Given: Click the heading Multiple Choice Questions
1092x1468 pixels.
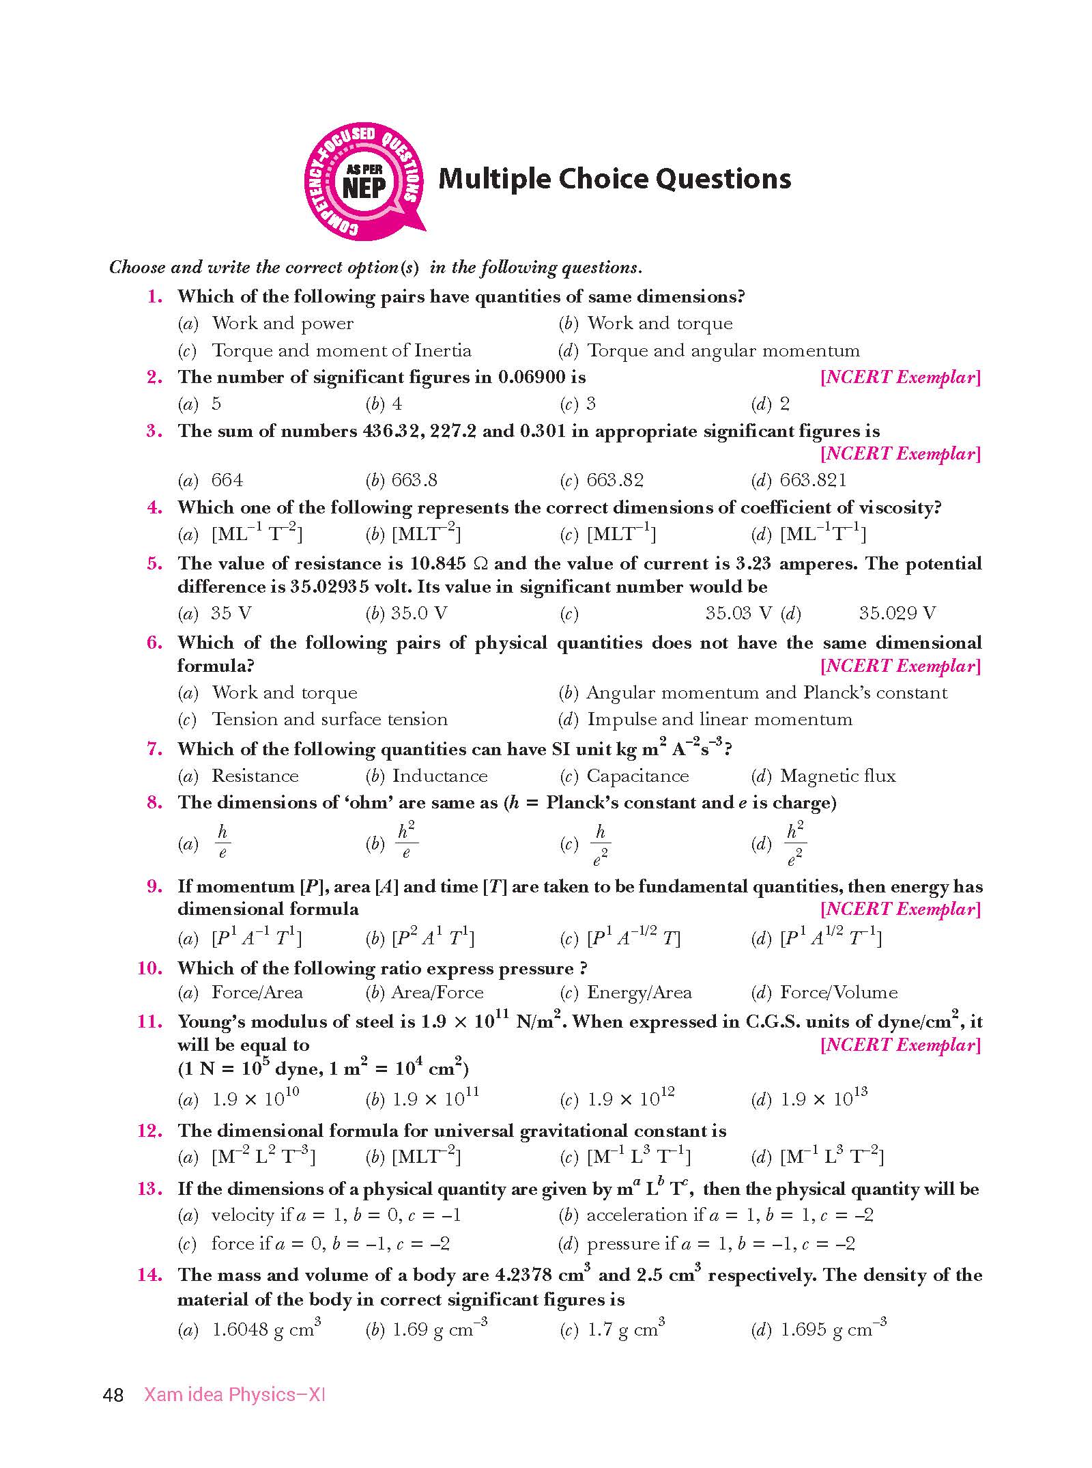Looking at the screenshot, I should (x=614, y=179).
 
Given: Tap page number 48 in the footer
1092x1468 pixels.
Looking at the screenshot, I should (x=113, y=1394).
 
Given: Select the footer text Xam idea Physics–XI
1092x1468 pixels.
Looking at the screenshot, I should (x=234, y=1394).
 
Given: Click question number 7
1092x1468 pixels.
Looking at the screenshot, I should (x=155, y=749).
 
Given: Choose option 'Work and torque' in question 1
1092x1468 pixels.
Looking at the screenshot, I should (x=659, y=323).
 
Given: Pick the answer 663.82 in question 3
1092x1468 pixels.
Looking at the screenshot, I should (x=614, y=480).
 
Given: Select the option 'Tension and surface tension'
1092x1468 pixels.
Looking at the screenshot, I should (x=329, y=719).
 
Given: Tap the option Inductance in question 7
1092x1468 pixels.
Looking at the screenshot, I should (x=440, y=776).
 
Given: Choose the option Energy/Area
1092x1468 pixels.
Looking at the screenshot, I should (x=639, y=992).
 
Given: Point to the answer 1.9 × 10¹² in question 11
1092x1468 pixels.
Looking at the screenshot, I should (x=631, y=1099).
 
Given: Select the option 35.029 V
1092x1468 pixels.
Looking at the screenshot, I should (x=897, y=613).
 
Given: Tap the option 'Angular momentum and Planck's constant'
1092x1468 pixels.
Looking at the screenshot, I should (x=766, y=692).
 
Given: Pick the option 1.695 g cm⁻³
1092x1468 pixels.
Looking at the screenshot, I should (x=833, y=1329).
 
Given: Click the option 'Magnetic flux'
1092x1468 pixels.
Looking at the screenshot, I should (x=837, y=776).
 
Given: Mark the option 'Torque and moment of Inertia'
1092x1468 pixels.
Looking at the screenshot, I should (x=341, y=350).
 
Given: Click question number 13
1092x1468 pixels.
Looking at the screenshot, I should (x=150, y=1189).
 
